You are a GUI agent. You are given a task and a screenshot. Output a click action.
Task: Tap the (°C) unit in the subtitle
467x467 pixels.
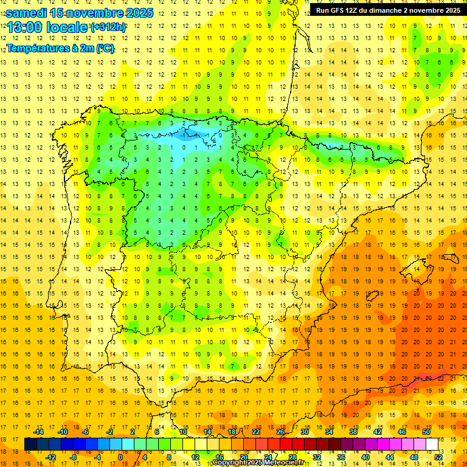pyautogui.click(x=105, y=49)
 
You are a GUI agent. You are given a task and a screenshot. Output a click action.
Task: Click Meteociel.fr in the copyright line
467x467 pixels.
pyautogui.click(x=288, y=463)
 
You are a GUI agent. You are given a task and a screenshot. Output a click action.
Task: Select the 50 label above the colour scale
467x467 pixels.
pyautogui.click(x=426, y=432)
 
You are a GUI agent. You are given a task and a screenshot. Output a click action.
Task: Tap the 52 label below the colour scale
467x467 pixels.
pyautogui.click(x=438, y=457)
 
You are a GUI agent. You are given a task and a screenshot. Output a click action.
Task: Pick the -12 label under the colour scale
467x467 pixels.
pyautogui.click(x=50, y=457)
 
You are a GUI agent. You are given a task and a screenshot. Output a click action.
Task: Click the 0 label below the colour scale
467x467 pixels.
pyautogui.click(x=121, y=457)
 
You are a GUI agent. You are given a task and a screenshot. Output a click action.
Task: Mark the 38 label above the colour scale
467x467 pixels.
pyautogui.click(x=353, y=432)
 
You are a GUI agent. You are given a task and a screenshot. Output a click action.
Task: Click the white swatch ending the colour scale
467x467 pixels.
pyautogui.click(x=432, y=445)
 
